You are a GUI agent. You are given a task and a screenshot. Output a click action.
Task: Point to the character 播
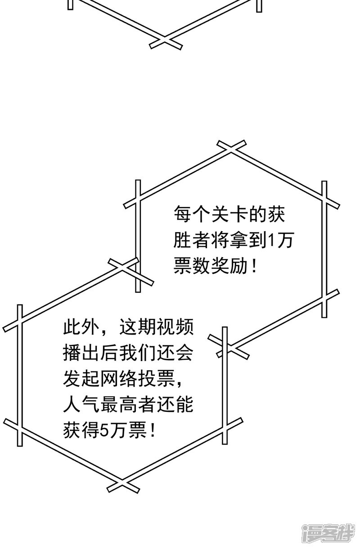click(72, 354)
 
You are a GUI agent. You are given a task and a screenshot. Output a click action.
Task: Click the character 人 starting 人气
click(72, 406)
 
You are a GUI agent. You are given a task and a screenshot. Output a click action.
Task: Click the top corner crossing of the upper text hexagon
click(232, 148)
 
